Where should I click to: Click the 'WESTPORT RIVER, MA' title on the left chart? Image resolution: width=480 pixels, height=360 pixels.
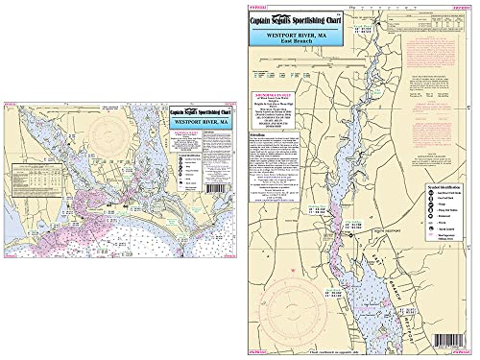click(x=197, y=123)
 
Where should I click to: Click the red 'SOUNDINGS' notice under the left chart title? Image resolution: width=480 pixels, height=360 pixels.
click(x=197, y=140)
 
